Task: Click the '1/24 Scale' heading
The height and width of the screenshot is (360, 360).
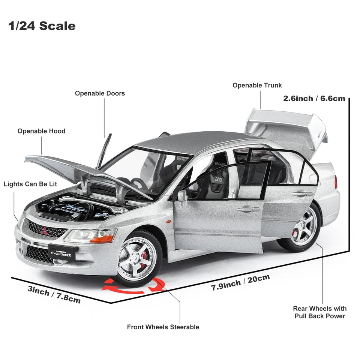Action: tap(42, 26)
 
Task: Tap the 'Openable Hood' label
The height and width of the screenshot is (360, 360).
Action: tap(41, 131)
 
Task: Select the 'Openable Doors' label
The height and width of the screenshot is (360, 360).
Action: tap(100, 93)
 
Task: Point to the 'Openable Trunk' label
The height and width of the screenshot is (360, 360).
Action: tap(257, 85)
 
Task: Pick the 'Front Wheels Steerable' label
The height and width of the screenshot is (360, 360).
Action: tap(163, 327)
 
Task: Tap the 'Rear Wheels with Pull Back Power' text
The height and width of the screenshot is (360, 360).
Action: tap(319, 312)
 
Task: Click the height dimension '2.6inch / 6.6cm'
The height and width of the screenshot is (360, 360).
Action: tap(314, 98)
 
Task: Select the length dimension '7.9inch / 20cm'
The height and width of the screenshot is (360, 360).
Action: tap(240, 282)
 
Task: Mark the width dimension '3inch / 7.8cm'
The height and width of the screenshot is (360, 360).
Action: tap(54, 295)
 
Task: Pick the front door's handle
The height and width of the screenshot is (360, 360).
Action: tap(248, 209)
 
